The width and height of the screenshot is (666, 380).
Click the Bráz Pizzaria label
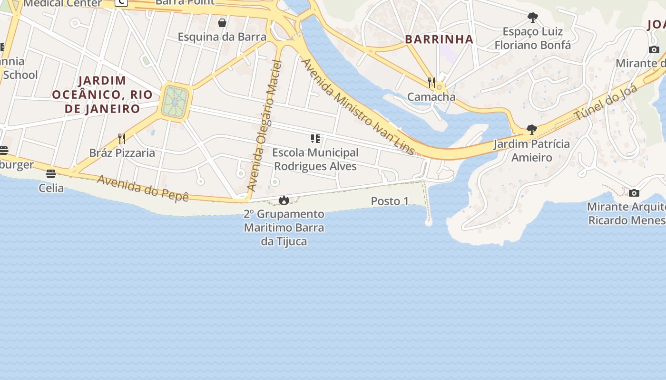point(122,153)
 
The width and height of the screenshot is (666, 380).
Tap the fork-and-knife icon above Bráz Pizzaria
point(122,138)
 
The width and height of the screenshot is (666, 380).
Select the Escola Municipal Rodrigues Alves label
point(315,159)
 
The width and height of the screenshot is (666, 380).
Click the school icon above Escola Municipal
point(315,139)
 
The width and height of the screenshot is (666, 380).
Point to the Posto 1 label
point(390,201)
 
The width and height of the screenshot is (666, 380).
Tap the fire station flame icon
point(284,200)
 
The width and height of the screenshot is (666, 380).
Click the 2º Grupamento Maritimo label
point(284,228)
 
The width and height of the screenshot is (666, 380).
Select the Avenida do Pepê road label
point(143,188)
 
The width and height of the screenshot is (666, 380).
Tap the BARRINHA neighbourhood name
point(439,39)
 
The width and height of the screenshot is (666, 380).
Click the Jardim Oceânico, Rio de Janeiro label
point(102,95)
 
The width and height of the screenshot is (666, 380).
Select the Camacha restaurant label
point(431,97)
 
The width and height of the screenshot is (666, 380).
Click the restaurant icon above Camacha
point(431,82)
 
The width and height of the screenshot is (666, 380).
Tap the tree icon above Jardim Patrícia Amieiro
point(532,130)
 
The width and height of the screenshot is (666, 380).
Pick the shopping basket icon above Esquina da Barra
point(222,22)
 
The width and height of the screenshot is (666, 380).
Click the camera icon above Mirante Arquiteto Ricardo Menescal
point(634,193)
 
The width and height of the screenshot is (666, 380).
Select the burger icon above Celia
point(51,174)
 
